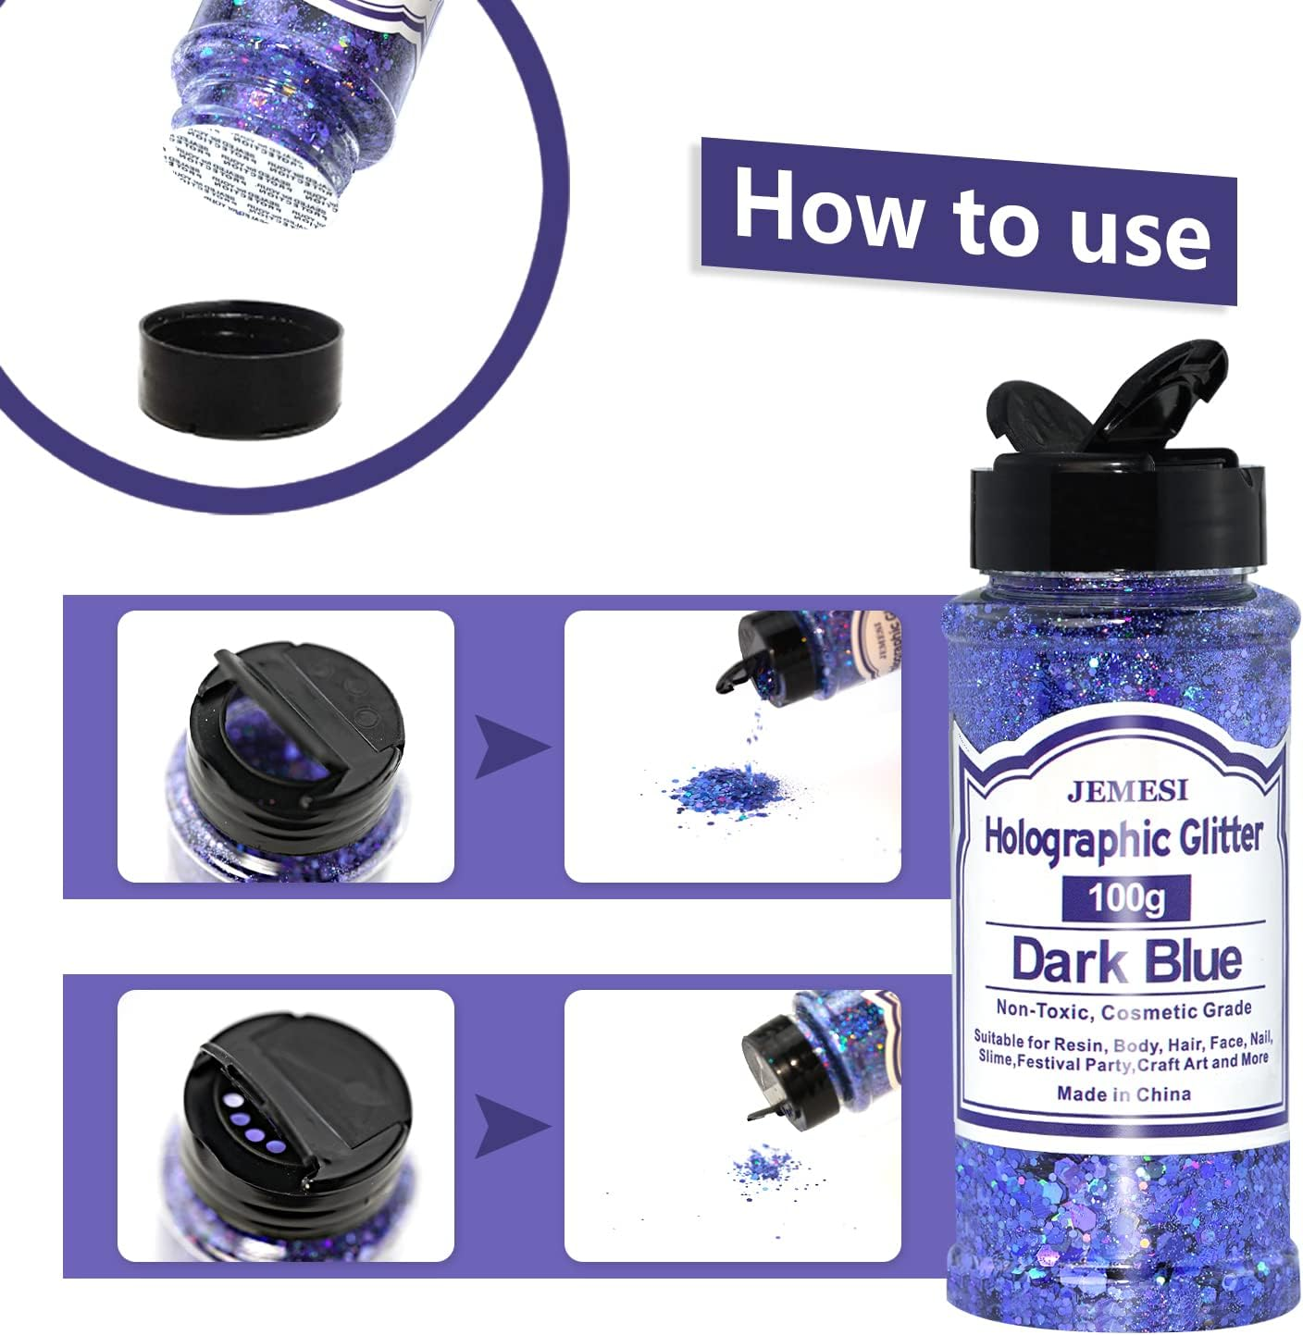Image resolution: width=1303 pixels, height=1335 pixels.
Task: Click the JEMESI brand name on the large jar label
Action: pos(1126,791)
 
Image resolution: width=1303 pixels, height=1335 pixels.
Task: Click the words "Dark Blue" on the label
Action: pos(1125,959)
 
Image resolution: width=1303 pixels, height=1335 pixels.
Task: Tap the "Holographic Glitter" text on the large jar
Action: pos(1123,838)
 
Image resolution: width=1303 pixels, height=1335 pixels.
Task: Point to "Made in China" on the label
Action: pos(1123,1094)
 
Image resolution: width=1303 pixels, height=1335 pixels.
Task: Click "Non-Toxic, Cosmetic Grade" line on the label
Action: pos(1123,1009)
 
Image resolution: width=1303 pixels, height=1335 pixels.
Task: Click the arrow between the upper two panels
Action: pos(510,748)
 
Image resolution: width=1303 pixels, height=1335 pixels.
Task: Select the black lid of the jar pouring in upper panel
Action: pos(754,652)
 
